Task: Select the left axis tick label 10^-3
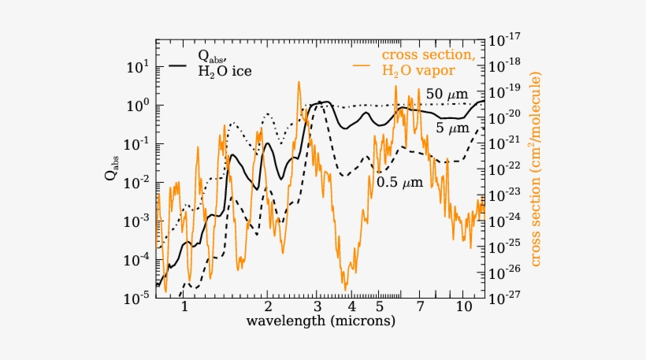click(136, 221)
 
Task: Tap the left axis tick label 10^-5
click(136, 299)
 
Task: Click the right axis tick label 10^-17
click(502, 39)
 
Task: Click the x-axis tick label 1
click(184, 307)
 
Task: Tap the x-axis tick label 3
click(317, 307)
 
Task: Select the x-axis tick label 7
click(420, 307)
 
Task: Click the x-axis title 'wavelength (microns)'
click(321, 322)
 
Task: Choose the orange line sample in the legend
click(362, 63)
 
